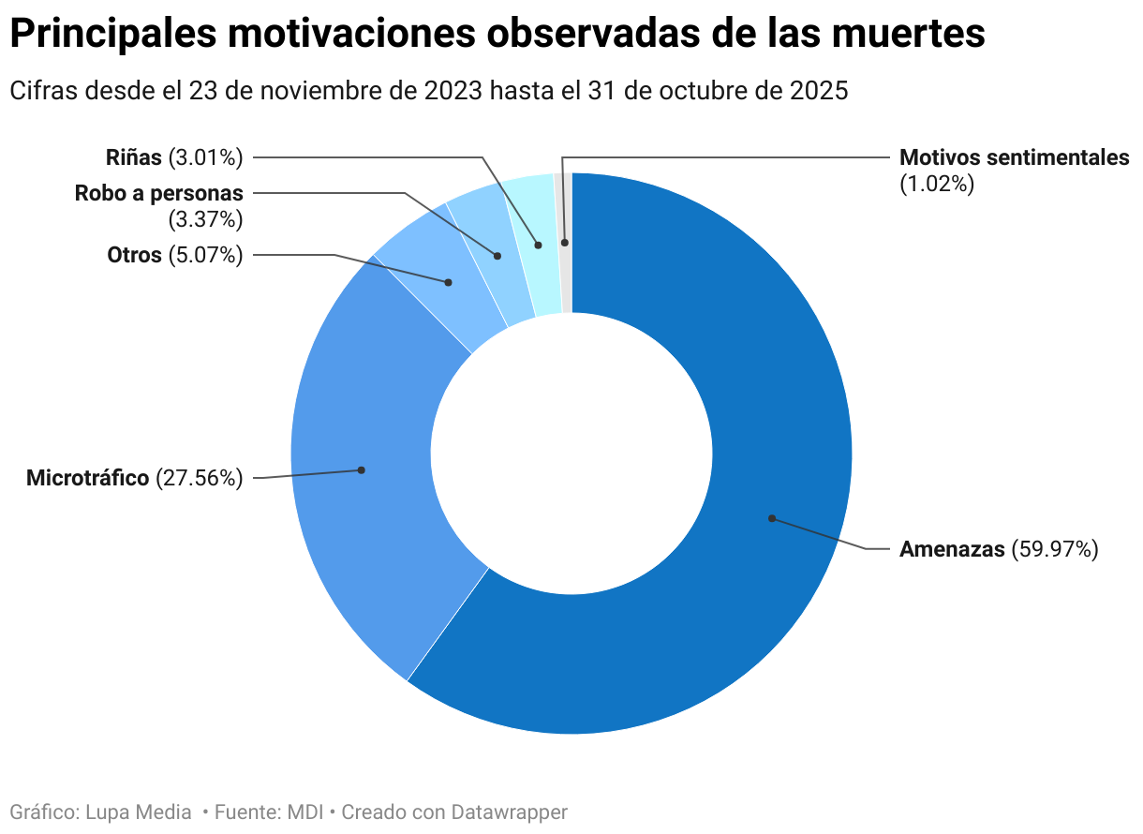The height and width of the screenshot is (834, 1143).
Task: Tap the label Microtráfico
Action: click(87, 478)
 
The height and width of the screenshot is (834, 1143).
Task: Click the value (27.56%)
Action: click(200, 478)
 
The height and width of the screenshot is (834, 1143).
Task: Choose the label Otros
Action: click(134, 255)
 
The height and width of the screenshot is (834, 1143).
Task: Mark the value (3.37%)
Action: click(205, 220)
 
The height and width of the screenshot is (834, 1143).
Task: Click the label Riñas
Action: click(134, 157)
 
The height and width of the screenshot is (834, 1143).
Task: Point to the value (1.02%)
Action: click(937, 184)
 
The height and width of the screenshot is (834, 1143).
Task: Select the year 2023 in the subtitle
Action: click(453, 91)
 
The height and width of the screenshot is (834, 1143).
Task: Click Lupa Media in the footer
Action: click(139, 812)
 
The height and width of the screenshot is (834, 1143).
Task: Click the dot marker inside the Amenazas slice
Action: click(772, 518)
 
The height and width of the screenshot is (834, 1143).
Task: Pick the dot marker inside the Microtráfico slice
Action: click(362, 469)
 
